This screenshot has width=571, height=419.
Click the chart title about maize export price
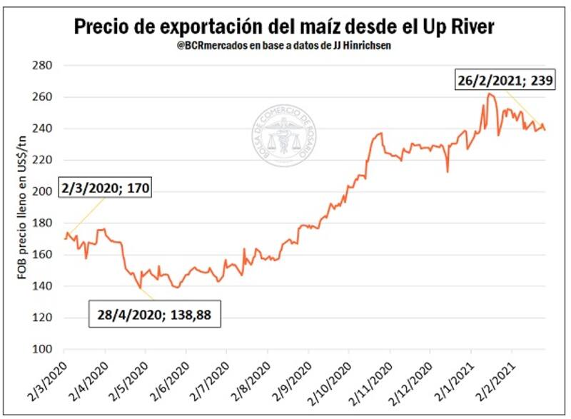pyautogui.click(x=284, y=27)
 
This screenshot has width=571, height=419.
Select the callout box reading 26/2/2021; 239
pyautogui.click(x=504, y=81)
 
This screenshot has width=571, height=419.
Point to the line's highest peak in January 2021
pyautogui.click(x=489, y=94)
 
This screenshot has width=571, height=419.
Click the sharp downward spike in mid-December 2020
pyautogui.click(x=448, y=172)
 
